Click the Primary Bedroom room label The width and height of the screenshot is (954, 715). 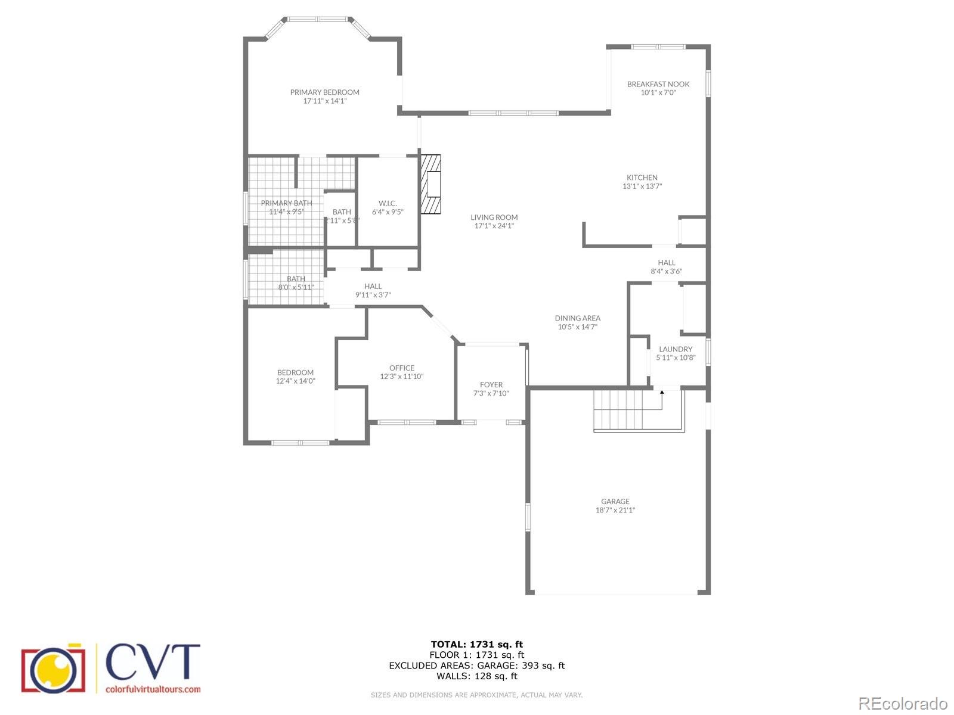[x=324, y=92]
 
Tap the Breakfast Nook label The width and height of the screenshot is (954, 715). [x=658, y=84]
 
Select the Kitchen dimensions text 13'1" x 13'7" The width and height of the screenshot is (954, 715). [x=642, y=186]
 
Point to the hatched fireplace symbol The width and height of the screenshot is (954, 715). [x=430, y=184]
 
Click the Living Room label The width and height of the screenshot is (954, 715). [x=494, y=217]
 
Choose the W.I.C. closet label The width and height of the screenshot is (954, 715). [x=388, y=203]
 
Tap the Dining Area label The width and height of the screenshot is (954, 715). [x=577, y=318]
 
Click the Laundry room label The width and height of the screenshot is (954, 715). [x=676, y=349]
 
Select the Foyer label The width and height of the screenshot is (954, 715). [x=491, y=385]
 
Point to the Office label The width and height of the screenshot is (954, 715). [x=402, y=368]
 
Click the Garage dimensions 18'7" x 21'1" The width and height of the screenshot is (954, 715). [x=615, y=510]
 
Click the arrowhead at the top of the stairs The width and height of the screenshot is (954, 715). [x=662, y=392]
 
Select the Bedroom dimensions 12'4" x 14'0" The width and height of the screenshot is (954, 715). [x=295, y=381]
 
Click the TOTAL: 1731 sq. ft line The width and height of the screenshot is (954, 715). [x=476, y=644]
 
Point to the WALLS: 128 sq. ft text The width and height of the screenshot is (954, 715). [x=476, y=676]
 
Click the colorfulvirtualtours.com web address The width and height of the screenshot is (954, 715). [x=153, y=689]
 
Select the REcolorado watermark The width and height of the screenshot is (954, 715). [x=902, y=703]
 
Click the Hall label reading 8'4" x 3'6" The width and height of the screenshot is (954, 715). [x=666, y=271]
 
